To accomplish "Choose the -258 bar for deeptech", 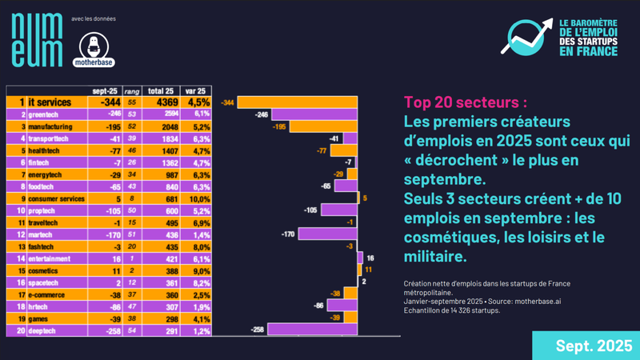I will [312, 329].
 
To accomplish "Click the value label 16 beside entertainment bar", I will [370, 258].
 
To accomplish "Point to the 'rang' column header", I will [133, 91].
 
